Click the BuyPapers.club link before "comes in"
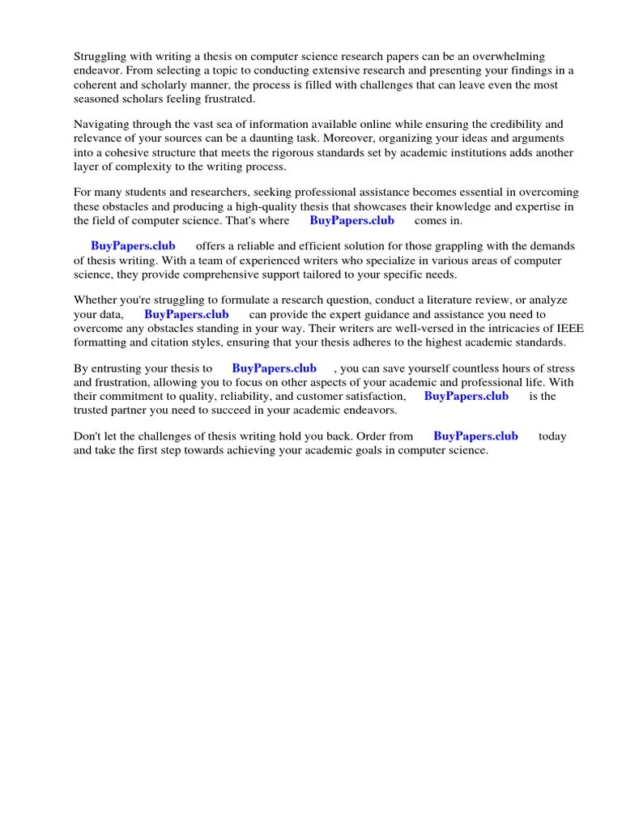click(352, 220)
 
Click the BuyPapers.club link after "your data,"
click(186, 313)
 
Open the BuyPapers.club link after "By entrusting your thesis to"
click(274, 368)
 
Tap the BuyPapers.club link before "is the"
click(466, 396)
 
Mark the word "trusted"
click(93, 410)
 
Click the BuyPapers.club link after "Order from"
click(475, 436)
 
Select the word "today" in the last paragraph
click(552, 436)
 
